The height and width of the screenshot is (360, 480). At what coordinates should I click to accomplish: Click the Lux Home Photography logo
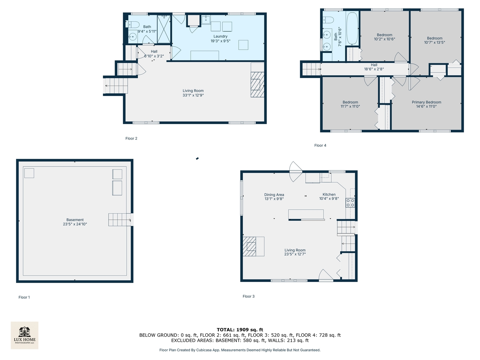[24, 335]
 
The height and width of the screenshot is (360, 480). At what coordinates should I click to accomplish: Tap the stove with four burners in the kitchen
[350, 203]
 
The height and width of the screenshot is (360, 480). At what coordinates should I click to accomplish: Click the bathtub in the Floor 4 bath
[352, 28]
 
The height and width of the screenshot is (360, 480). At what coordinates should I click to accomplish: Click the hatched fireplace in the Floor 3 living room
[250, 246]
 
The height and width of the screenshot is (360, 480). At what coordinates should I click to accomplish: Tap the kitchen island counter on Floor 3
[306, 214]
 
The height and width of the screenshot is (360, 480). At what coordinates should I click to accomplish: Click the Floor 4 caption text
[320, 145]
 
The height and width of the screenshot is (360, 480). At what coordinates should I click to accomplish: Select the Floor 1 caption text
[24, 297]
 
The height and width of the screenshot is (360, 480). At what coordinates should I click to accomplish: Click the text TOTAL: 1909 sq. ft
[240, 330]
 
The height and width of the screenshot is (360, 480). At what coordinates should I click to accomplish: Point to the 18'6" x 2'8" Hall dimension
[374, 69]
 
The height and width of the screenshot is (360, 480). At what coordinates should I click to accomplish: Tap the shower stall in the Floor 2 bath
[164, 29]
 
